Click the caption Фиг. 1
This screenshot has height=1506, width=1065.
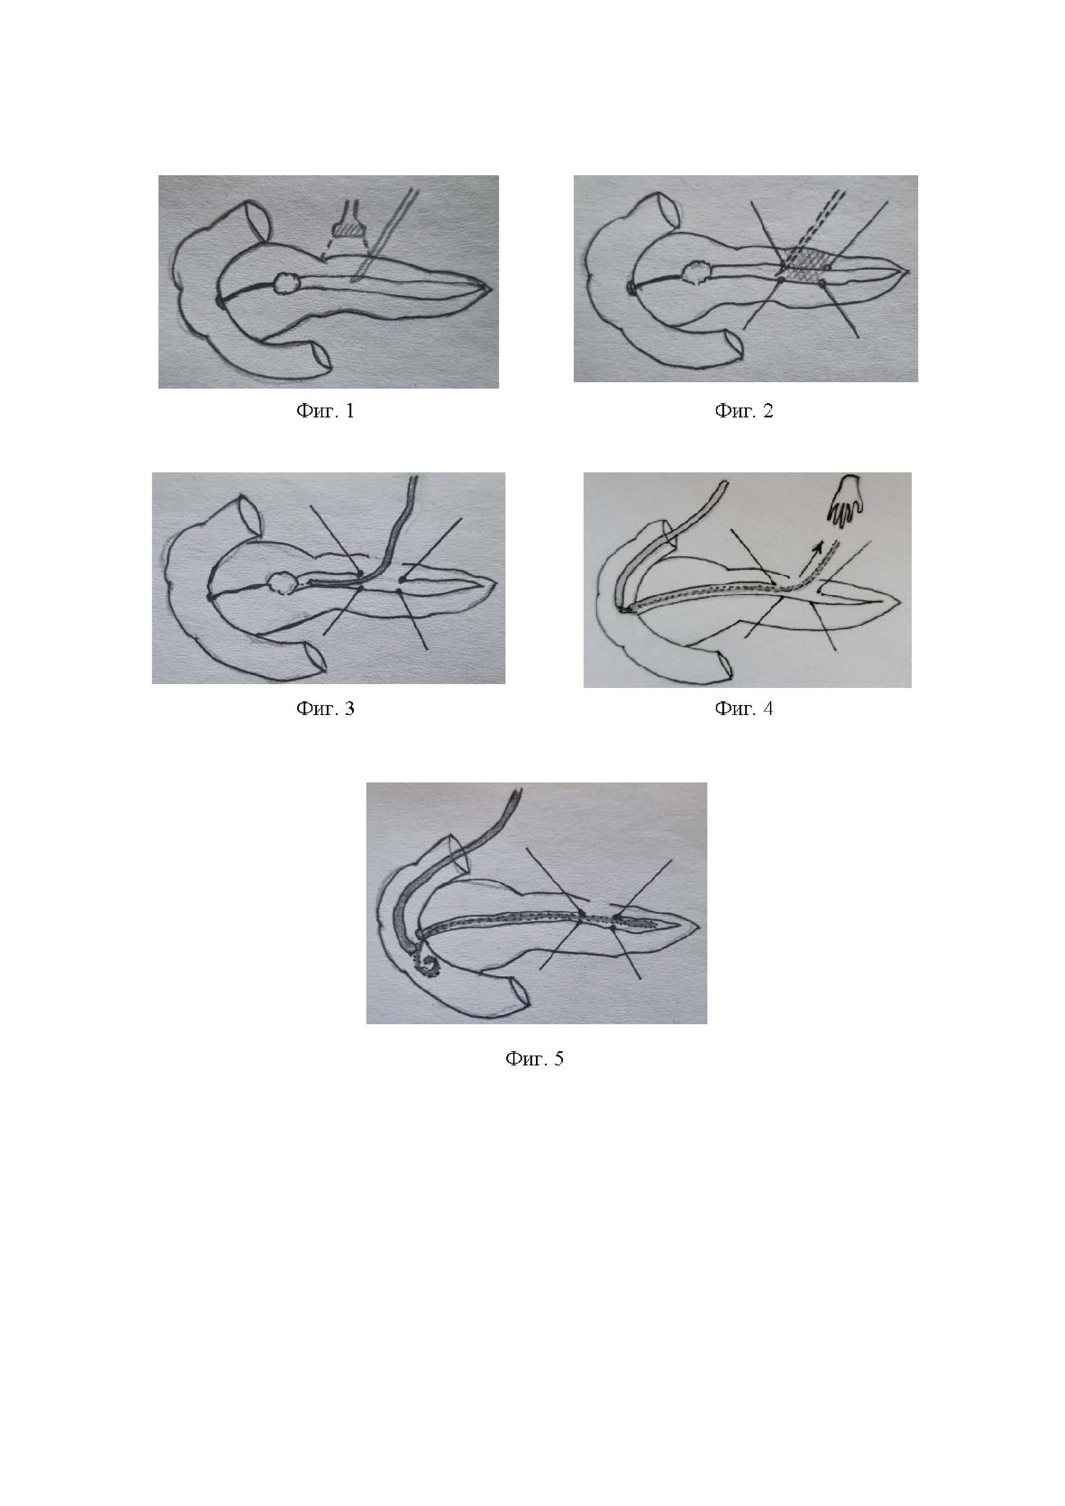coord(325,411)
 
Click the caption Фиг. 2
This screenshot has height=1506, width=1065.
coord(744,411)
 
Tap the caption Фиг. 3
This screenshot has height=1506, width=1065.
coord(325,709)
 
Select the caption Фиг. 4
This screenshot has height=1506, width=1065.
coord(744,709)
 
